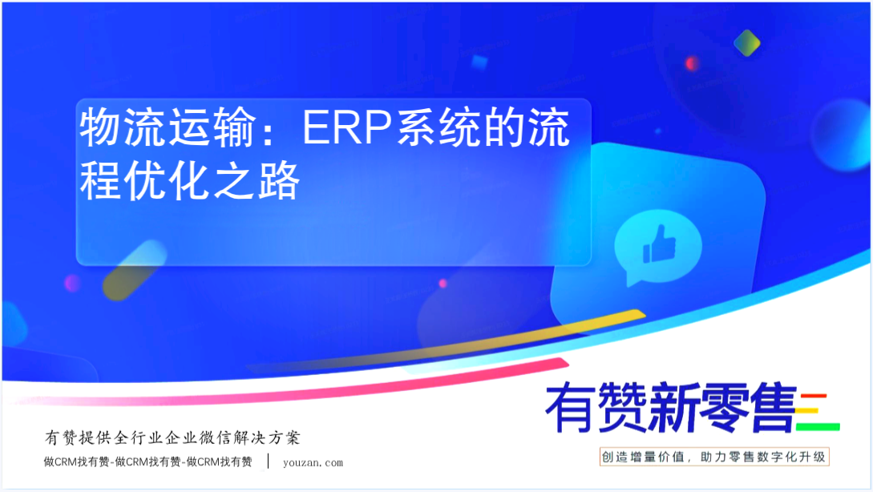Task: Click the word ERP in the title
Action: pyautogui.click(x=347, y=128)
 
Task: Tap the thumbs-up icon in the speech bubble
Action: pyautogui.click(x=659, y=244)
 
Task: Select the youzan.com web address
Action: pyautogui.click(x=313, y=462)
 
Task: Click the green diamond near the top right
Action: pyautogui.click(x=746, y=42)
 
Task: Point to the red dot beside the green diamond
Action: pyautogui.click(x=692, y=63)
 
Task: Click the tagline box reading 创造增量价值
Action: pyautogui.click(x=714, y=457)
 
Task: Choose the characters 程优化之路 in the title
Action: pyautogui.click(x=190, y=181)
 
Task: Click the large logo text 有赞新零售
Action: pyautogui.click(x=670, y=408)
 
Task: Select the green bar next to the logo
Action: pyautogui.click(x=818, y=427)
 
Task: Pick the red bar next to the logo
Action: pyautogui.click(x=814, y=397)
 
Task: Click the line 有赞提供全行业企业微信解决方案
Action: pyautogui.click(x=172, y=438)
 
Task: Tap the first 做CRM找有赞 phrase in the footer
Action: pyautogui.click(x=76, y=462)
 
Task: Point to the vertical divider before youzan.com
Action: pyautogui.click(x=269, y=461)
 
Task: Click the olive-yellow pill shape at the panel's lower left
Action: pyautogui.click(x=134, y=271)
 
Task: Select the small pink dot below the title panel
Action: pyautogui.click(x=443, y=284)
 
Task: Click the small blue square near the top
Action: pyautogui.click(x=479, y=63)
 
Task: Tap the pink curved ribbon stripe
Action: pyautogui.click(x=289, y=389)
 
